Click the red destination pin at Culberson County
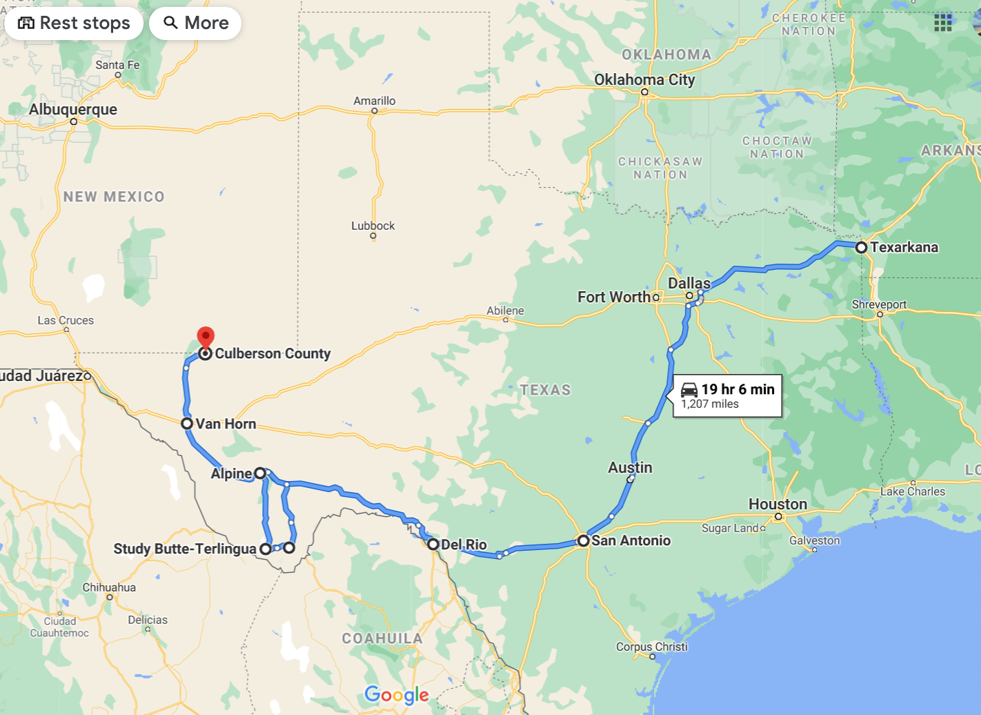[206, 337]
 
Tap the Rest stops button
[74, 23]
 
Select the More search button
[195, 23]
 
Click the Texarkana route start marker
[861, 247]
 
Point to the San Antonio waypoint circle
[584, 540]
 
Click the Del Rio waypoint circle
[433, 545]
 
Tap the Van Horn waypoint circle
[187, 423]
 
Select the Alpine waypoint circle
[260, 473]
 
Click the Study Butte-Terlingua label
[185, 549]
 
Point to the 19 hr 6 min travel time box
[728, 396]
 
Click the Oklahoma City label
[644, 80]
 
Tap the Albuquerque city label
[73, 110]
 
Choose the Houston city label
[777, 505]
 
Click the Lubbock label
[373, 226]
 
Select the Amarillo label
[375, 101]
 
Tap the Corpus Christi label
[652, 647]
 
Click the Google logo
[397, 695]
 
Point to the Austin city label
[630, 467]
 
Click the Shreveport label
[879, 304]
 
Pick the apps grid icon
[943, 23]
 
